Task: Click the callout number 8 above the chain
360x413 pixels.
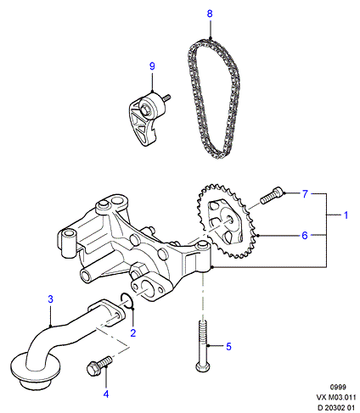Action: (210, 14)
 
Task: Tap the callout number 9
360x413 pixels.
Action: (152, 66)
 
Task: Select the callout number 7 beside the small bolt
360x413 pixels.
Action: (305, 194)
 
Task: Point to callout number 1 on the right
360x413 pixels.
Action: (346, 215)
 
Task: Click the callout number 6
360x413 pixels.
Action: (305, 235)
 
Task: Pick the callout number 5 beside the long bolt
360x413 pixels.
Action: (228, 347)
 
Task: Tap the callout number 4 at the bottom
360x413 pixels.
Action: (106, 394)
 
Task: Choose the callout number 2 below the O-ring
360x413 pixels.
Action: (133, 332)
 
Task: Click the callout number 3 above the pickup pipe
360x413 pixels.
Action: (50, 299)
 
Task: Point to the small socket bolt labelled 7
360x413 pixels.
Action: (272, 196)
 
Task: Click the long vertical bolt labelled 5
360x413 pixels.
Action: (203, 346)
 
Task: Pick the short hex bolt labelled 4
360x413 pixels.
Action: (99, 366)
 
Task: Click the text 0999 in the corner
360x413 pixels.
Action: (338, 387)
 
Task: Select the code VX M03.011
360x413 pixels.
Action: (335, 397)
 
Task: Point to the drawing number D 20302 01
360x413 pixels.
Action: (335, 407)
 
